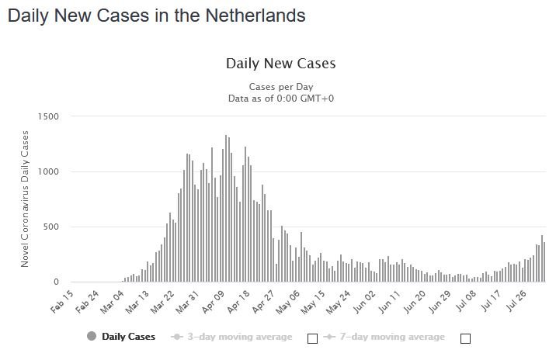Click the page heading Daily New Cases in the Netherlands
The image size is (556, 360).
point(156,16)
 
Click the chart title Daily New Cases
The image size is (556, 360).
point(280,63)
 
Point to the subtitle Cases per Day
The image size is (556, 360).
point(280,86)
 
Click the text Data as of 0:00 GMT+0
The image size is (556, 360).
point(280,99)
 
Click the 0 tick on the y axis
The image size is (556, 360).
point(57,282)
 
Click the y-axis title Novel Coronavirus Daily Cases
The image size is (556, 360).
point(25,199)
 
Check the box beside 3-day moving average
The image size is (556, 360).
point(312,338)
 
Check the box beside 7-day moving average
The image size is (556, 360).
point(465,338)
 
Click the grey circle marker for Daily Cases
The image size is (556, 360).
point(92,337)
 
